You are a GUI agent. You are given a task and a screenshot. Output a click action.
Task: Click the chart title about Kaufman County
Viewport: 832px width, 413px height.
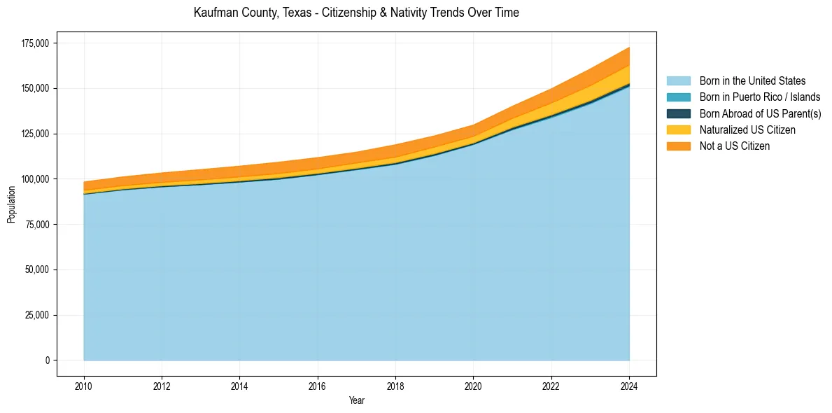(356, 13)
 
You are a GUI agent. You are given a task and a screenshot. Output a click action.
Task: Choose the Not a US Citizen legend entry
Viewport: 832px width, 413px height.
(735, 146)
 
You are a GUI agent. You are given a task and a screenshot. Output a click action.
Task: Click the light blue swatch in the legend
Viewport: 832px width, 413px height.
(678, 81)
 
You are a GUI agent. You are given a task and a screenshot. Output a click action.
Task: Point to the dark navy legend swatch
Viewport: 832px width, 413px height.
(678, 113)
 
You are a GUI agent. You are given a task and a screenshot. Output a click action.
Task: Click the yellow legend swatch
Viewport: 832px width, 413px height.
(678, 130)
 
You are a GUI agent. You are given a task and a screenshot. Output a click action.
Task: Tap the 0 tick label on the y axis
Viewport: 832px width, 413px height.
(48, 360)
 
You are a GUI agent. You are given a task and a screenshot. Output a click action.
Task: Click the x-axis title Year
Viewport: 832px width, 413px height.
(356, 401)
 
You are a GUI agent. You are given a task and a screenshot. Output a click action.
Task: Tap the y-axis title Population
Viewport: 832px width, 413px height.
(11, 204)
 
